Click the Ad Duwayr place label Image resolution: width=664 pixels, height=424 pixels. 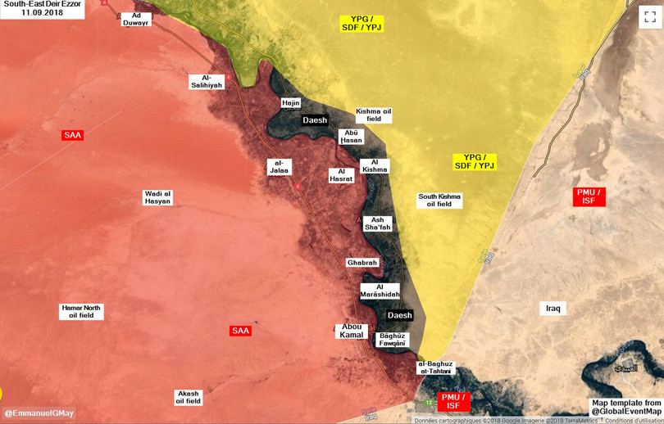point(136,19)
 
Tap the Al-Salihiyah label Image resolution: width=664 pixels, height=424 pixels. point(207,81)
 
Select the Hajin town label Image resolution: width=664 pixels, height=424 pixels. point(291,103)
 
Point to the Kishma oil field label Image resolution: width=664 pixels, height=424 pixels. point(374,115)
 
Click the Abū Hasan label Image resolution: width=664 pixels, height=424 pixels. point(352,137)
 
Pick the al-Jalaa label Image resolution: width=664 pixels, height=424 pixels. point(279,167)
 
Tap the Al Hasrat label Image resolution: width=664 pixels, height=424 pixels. point(341,175)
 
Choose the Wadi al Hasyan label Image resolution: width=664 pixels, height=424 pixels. point(158,197)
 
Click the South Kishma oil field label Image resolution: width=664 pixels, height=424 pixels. point(439,200)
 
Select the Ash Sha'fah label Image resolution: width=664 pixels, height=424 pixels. point(377,223)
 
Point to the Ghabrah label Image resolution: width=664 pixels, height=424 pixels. point(362,263)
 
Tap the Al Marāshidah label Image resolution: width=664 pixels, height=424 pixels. point(380,291)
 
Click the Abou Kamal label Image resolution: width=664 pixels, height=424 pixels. point(352,331)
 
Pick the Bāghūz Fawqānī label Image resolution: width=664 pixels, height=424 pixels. point(392,340)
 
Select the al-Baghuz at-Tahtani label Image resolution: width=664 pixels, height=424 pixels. point(434,368)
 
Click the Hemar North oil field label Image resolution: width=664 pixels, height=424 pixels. point(81,312)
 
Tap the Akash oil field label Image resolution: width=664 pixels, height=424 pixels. point(188,397)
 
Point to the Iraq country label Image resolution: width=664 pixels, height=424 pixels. point(553,309)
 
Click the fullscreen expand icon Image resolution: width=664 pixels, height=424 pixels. point(650,16)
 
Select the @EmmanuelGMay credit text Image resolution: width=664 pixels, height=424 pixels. point(39,413)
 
